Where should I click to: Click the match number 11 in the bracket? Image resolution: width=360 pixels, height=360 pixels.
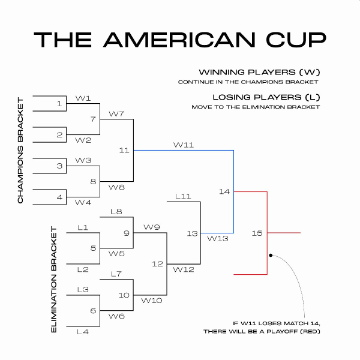[124, 150]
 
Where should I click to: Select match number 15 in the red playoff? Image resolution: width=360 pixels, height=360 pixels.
[257, 233]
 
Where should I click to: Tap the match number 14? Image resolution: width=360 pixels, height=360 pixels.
[224, 191]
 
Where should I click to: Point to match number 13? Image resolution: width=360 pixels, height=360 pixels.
[191, 233]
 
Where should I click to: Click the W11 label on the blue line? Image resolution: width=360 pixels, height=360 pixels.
[183, 145]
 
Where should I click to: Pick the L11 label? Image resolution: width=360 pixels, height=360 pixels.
[182, 196]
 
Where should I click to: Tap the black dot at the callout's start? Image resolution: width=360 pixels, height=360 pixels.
[271, 255]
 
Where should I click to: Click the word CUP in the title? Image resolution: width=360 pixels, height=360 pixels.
[293, 39]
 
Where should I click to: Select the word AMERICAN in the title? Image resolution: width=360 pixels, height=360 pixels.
[180, 39]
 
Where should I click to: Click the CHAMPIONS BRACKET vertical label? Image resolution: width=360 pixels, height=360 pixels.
[20, 149]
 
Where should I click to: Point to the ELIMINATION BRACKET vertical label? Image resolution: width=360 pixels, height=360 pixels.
[53, 280]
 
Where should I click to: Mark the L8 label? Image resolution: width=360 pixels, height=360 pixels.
[116, 211]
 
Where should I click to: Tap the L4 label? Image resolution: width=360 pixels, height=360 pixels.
[83, 331]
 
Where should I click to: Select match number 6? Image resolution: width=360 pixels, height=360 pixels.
[93, 310]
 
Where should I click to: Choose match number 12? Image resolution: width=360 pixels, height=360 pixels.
[157, 263]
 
